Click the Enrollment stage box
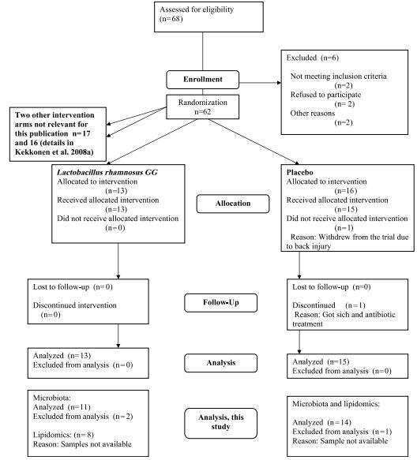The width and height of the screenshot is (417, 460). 203,80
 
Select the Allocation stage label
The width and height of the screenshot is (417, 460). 233,204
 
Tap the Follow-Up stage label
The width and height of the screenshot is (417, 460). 221,302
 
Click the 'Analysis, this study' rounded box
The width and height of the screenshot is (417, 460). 221,424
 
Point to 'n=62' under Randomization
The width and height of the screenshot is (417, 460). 203,112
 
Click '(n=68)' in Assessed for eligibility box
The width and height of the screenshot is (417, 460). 171,19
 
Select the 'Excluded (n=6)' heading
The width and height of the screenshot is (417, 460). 313,58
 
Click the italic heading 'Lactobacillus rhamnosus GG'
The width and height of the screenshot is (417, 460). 107,172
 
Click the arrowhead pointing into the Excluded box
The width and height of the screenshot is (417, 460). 279,83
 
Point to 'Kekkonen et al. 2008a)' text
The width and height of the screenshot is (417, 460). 54,152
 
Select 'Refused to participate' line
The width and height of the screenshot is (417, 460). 325,95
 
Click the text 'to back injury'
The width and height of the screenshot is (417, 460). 309,246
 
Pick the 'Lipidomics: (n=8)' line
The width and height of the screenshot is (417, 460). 63,435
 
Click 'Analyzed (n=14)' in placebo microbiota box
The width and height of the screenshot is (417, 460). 322,422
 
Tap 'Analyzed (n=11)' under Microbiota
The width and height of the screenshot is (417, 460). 62,407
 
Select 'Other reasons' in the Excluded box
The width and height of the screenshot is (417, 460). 313,114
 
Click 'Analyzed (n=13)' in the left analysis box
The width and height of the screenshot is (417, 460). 62,356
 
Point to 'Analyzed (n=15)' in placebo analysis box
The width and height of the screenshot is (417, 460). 321,361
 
